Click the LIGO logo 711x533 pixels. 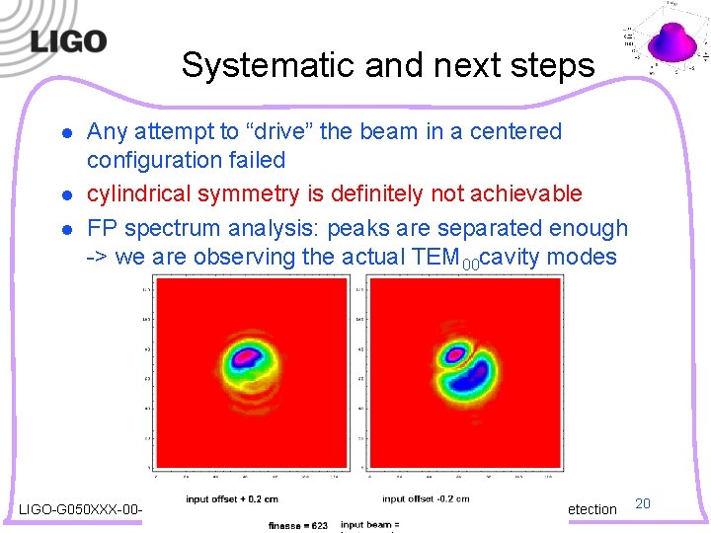point(67,42)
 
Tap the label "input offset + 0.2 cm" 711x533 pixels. point(246,499)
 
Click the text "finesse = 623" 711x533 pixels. point(299,524)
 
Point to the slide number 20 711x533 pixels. point(642,504)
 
